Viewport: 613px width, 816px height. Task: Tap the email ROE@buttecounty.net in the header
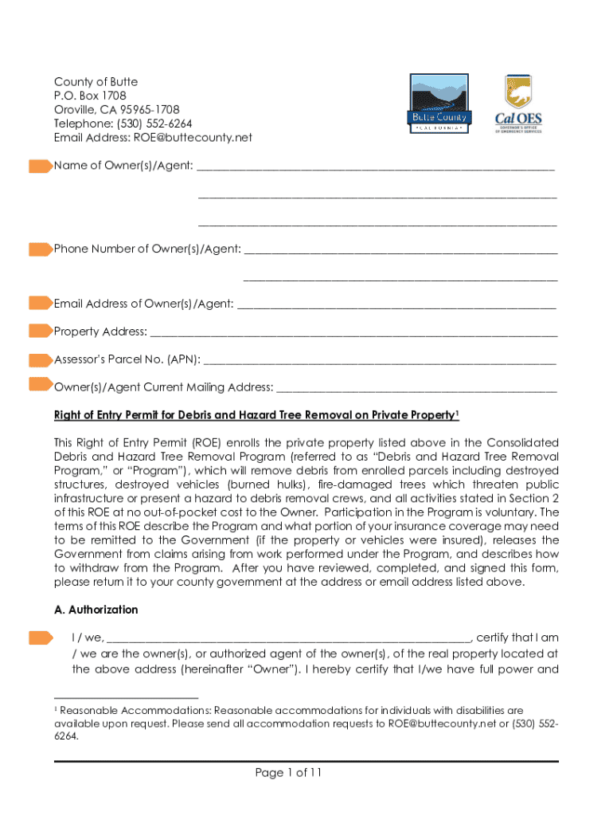201,137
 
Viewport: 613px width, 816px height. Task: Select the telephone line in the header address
123,124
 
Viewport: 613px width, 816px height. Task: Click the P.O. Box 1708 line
90,96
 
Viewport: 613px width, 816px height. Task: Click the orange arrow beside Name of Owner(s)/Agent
40,166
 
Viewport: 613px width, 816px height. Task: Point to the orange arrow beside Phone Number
40,249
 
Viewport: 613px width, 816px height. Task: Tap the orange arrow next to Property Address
40,331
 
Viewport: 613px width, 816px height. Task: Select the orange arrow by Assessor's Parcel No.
40,359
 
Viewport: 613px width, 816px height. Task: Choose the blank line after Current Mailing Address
416,390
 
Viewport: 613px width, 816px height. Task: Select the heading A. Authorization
96,610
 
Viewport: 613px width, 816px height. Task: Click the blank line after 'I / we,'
289,639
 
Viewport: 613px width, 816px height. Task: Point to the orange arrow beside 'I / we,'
40,637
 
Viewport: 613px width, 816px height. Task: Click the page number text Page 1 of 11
288,772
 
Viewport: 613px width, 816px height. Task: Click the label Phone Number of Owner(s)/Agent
147,249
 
